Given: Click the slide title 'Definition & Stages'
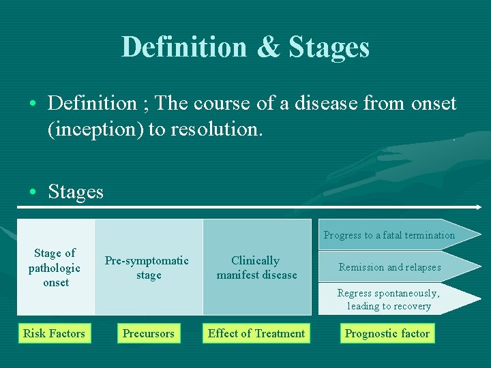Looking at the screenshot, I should [245, 47].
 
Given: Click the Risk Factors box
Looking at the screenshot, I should [54, 333].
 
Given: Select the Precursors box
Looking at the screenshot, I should [148, 333].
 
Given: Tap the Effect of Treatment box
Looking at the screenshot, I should [256, 333].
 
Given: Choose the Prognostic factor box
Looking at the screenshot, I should [387, 333].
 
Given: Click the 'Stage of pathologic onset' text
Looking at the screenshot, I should [55, 267].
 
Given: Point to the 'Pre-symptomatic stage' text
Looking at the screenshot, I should [147, 268].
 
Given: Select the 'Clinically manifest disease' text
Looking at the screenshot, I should [256, 268].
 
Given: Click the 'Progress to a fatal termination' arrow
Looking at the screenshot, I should [389, 235].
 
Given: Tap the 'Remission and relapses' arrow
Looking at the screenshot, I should [389, 267].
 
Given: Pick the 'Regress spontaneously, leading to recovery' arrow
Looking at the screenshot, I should [389, 299].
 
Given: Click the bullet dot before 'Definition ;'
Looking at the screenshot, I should [33, 104].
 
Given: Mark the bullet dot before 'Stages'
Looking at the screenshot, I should [33, 193].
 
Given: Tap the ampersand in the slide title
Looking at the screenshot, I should [267, 48].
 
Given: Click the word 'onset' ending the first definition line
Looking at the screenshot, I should [434, 104].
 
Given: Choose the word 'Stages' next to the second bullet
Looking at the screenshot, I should [76, 192].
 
